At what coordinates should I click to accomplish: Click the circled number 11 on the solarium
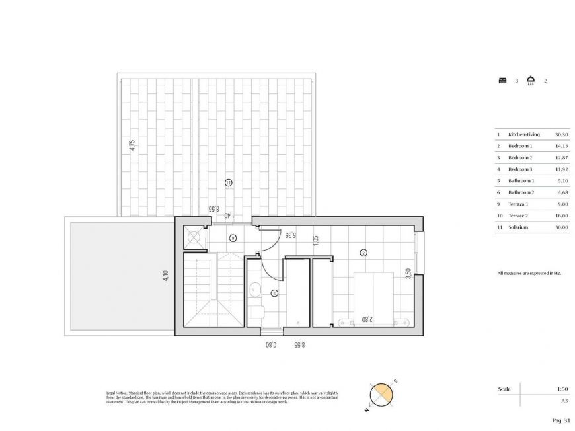[x=228, y=182]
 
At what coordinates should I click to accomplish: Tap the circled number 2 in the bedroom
[x=363, y=253]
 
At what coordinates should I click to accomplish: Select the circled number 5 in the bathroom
[x=274, y=293]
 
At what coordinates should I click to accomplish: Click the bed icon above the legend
[x=502, y=81]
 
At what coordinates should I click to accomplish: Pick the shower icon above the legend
[x=530, y=81]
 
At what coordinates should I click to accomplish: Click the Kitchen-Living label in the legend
[x=524, y=134]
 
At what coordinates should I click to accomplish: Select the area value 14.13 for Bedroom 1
[x=562, y=146]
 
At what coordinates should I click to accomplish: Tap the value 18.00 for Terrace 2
[x=562, y=215]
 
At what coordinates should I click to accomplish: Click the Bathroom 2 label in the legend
[x=521, y=192]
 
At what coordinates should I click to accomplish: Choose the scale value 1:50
[x=563, y=389]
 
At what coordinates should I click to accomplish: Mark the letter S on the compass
[x=395, y=381]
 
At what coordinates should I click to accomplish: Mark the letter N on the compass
[x=365, y=411]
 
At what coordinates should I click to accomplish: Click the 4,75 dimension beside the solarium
[x=132, y=145]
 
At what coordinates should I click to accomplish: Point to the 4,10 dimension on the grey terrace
[x=165, y=275]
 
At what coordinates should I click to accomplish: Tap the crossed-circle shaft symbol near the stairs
[x=194, y=236]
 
